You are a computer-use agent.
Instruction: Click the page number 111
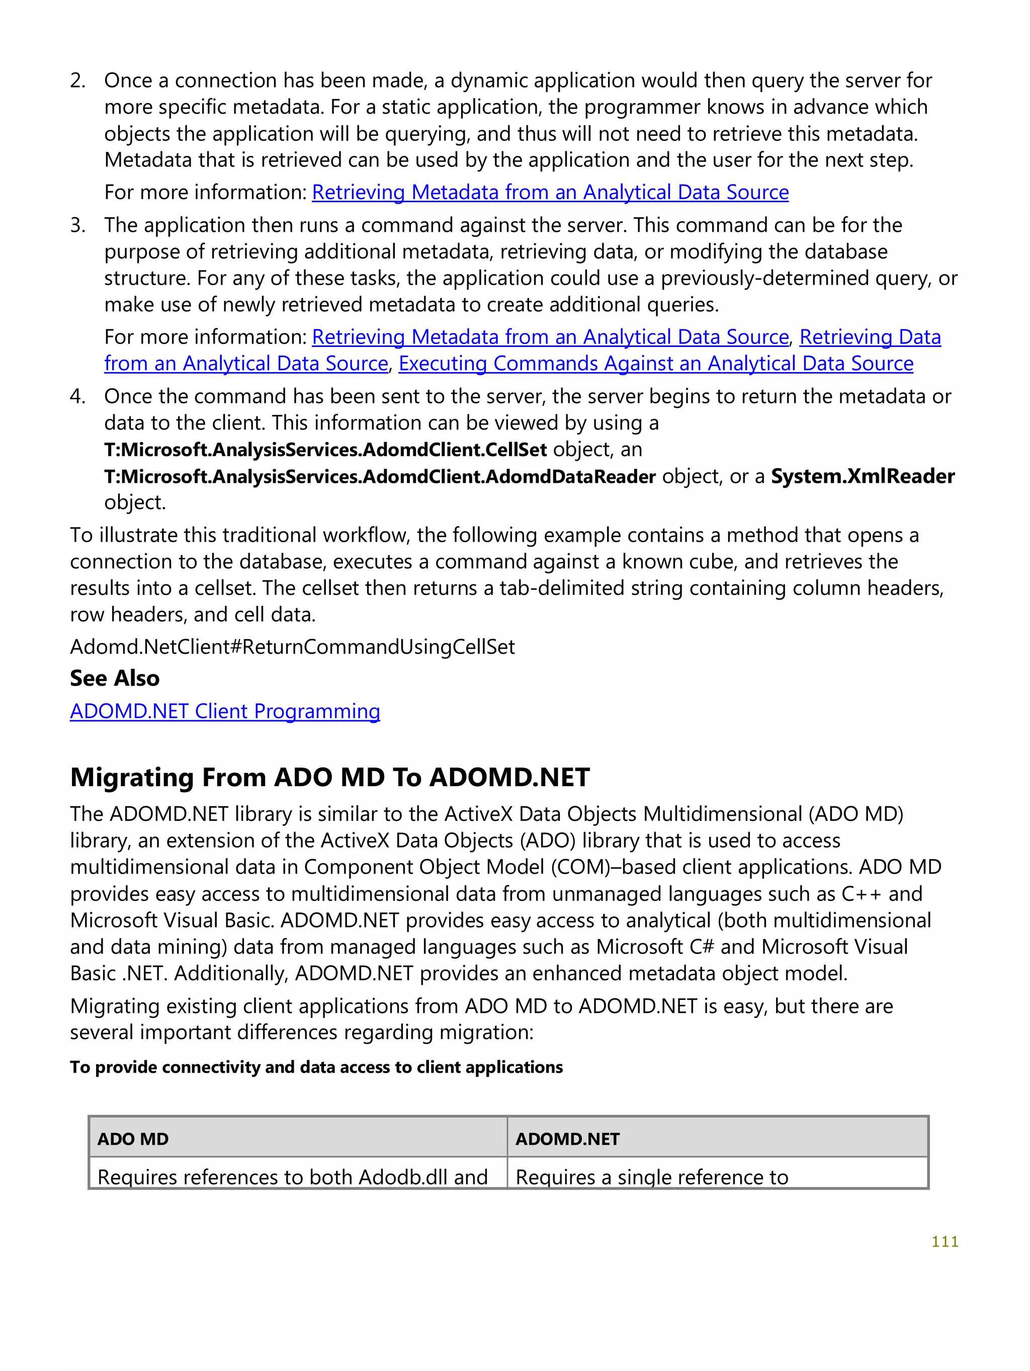pyautogui.click(x=945, y=1241)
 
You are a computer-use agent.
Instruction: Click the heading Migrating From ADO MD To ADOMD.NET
pyautogui.click(x=330, y=777)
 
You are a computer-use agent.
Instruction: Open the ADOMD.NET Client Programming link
pyautogui.click(x=224, y=711)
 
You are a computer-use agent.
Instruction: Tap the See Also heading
pyautogui.click(x=115, y=678)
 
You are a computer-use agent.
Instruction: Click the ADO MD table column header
pyautogui.click(x=133, y=1139)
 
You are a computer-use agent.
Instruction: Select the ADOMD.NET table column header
pyautogui.click(x=567, y=1139)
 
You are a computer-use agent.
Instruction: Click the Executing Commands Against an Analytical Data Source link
pyautogui.click(x=656, y=363)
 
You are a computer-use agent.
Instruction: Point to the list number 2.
pyautogui.click(x=77, y=80)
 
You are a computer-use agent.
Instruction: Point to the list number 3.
pyautogui.click(x=77, y=225)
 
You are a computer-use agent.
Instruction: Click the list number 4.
pyautogui.click(x=77, y=396)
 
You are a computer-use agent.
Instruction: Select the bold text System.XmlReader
pyautogui.click(x=862, y=476)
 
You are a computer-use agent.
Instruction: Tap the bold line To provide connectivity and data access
pyautogui.click(x=316, y=1067)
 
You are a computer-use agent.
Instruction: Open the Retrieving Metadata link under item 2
pyautogui.click(x=550, y=192)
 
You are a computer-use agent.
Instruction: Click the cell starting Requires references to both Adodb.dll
pyautogui.click(x=293, y=1176)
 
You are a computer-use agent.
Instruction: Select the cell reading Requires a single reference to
pyautogui.click(x=651, y=1176)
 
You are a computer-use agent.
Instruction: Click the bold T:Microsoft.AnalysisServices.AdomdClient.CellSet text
pyautogui.click(x=325, y=449)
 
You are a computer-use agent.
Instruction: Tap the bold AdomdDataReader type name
pyautogui.click(x=379, y=476)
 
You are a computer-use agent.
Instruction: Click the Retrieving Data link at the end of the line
pyautogui.click(x=870, y=336)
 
